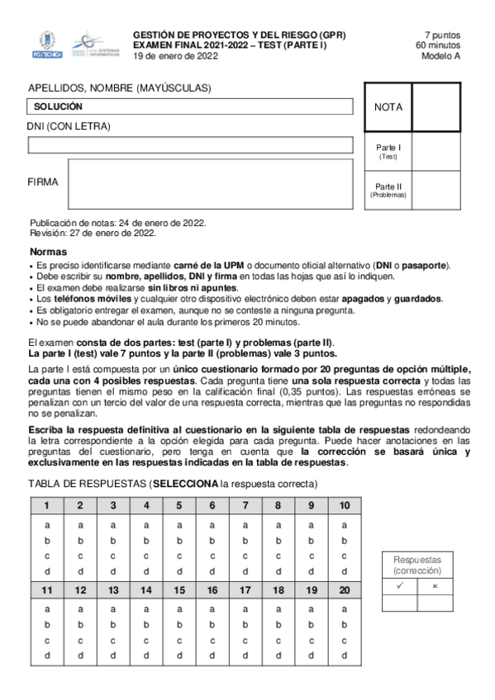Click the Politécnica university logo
point(46,45)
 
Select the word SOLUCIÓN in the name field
point(58,107)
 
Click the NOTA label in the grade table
point(388,107)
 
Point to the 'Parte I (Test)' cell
point(388,151)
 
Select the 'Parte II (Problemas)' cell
point(388,190)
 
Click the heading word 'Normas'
point(49,252)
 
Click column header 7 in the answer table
point(245,506)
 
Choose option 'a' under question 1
point(47,525)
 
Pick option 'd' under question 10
point(344,571)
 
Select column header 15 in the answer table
point(179,590)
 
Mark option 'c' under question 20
point(344,640)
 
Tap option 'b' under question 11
point(47,625)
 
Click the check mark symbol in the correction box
point(399,585)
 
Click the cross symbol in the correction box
point(435,585)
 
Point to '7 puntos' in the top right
point(442,35)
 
